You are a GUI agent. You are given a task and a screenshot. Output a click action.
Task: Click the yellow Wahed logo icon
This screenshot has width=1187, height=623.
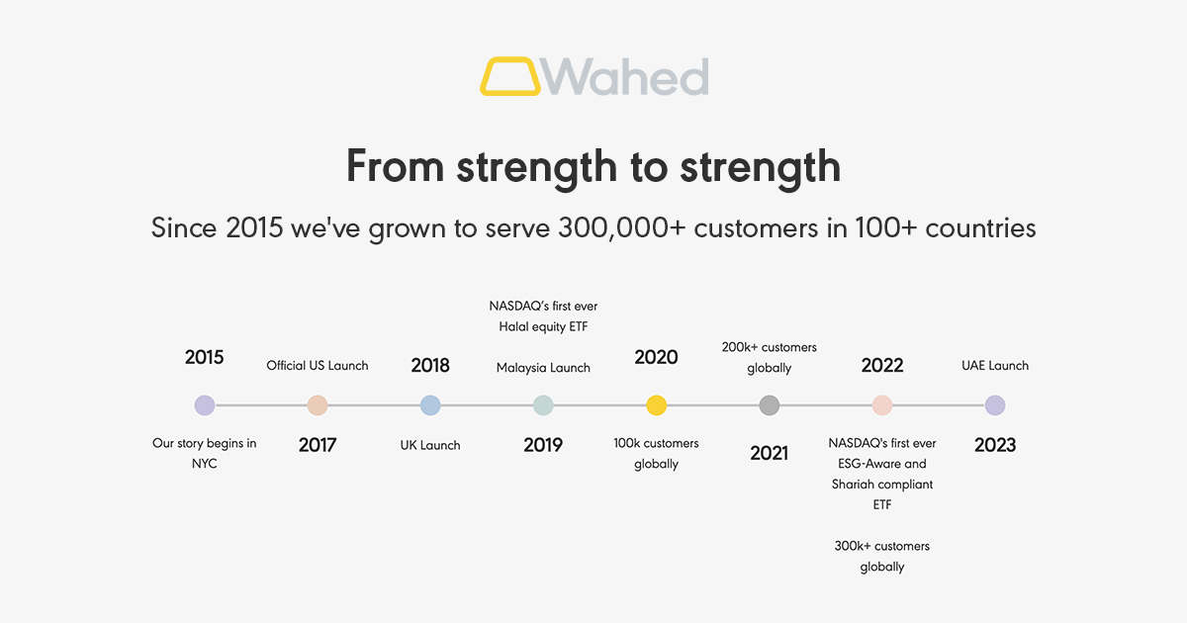[510, 76]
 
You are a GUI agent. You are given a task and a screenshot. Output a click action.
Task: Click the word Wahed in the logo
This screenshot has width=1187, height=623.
[626, 76]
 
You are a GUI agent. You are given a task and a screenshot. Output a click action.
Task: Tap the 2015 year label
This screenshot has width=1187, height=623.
[205, 357]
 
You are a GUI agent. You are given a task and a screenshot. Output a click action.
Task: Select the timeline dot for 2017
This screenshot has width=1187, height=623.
[318, 405]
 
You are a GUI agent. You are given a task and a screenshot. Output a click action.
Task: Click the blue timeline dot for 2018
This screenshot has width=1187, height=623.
[430, 405]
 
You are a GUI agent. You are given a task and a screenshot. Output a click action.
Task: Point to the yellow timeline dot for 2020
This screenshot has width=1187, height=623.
[656, 405]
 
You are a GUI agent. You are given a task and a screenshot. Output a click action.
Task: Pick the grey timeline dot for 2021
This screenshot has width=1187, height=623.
[770, 405]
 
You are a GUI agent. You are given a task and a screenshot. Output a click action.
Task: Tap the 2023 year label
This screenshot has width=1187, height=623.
[995, 445]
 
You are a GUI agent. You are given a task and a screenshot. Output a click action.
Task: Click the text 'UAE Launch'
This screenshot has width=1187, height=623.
[995, 366]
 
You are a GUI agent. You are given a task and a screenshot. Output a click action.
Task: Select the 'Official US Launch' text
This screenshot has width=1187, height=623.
[318, 366]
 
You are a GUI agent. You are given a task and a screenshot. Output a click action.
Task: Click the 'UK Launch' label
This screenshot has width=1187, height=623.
[430, 445]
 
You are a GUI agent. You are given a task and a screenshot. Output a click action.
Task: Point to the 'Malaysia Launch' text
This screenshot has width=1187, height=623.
[543, 368]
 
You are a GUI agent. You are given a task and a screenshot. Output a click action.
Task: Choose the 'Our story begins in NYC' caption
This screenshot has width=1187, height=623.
[205, 453]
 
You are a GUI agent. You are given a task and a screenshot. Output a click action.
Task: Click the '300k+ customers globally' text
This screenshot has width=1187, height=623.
[882, 556]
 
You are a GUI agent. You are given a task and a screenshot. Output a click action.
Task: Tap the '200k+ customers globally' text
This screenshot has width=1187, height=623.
[770, 357]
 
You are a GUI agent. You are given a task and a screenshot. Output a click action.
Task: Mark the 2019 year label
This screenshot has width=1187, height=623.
[543, 445]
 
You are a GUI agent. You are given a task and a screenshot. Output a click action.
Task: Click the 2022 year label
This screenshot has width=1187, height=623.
[882, 365]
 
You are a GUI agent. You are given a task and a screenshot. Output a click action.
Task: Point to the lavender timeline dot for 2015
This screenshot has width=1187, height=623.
[205, 405]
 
